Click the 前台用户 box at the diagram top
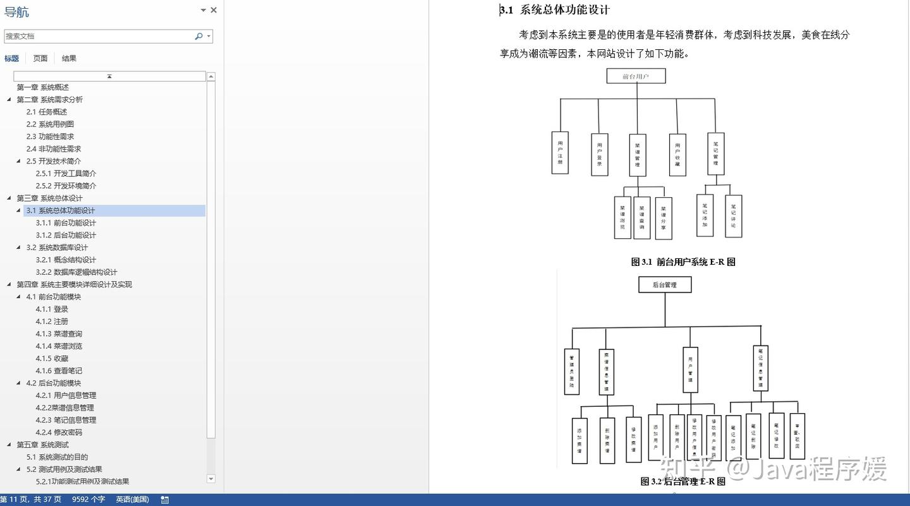click(x=636, y=76)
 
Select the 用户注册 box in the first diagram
click(x=560, y=153)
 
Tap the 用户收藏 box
click(x=677, y=155)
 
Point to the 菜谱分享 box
click(x=664, y=219)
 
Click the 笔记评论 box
click(x=733, y=216)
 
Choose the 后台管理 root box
click(x=665, y=285)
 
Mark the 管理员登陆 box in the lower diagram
click(x=571, y=371)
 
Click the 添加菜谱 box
click(x=579, y=441)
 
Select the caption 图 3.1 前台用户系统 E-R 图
click(x=683, y=262)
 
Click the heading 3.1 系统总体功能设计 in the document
click(x=555, y=10)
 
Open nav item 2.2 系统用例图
click(x=50, y=124)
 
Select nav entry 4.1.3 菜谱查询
click(x=59, y=334)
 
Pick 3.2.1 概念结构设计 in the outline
click(x=66, y=260)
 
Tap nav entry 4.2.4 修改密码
click(x=59, y=432)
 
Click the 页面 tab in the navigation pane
click(x=40, y=58)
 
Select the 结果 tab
click(x=69, y=58)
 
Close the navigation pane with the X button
click(x=214, y=10)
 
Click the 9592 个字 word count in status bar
click(x=88, y=500)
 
